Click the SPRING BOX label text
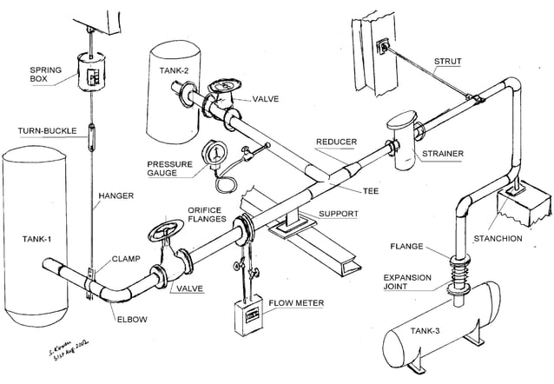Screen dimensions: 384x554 (44, 75)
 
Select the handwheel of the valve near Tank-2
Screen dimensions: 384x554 (223, 87)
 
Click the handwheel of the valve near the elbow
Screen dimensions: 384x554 (164, 233)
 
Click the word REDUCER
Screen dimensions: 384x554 (336, 142)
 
